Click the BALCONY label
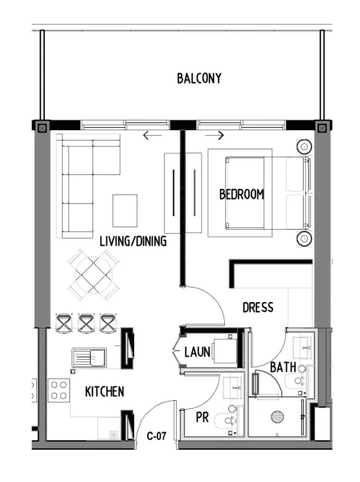click(x=198, y=78)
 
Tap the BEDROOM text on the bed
click(x=241, y=195)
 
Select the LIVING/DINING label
click(x=133, y=241)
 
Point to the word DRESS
click(x=257, y=307)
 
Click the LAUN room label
click(x=197, y=352)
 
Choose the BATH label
click(x=282, y=367)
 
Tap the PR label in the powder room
click(x=202, y=416)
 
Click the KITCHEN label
click(x=104, y=392)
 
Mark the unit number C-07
click(x=156, y=437)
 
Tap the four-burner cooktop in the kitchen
click(x=59, y=390)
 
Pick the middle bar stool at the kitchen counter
click(x=86, y=323)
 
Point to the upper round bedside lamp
click(x=305, y=147)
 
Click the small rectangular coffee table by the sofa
click(x=125, y=210)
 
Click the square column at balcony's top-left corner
click(x=43, y=126)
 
